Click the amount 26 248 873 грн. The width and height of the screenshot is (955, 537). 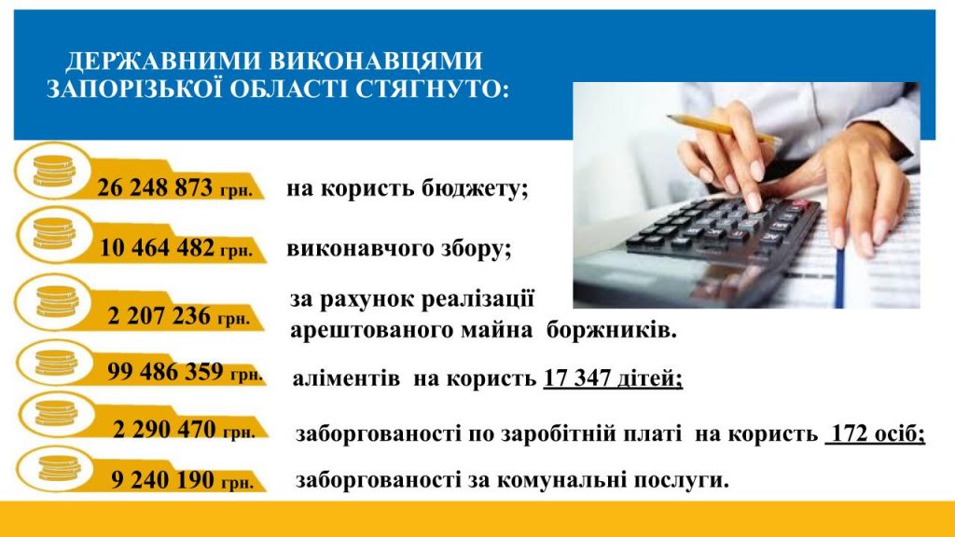pyautogui.click(x=174, y=187)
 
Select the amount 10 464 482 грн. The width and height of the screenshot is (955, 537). pyautogui.click(x=175, y=248)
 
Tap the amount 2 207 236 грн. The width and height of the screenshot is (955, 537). pyautogui.click(x=178, y=316)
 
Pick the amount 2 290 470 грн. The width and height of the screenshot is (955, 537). pyautogui.click(x=184, y=429)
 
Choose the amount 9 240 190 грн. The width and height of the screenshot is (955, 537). pyautogui.click(x=182, y=480)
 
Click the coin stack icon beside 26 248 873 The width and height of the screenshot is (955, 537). pyautogui.click(x=53, y=171)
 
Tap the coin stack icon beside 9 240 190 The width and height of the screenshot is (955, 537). pyautogui.click(x=59, y=468)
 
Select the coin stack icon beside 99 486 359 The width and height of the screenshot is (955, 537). pyautogui.click(x=56, y=363)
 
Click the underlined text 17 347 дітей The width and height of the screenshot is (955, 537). pyautogui.click(x=613, y=379)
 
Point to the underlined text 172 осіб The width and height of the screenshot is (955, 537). pyautogui.click(x=876, y=434)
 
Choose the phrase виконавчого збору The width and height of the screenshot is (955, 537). pyautogui.click(x=399, y=249)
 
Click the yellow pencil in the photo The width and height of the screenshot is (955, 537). pyautogui.click(x=723, y=129)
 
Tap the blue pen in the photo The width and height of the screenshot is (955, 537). pyautogui.click(x=840, y=274)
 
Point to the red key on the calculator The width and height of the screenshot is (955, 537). pyautogui.click(x=800, y=202)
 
